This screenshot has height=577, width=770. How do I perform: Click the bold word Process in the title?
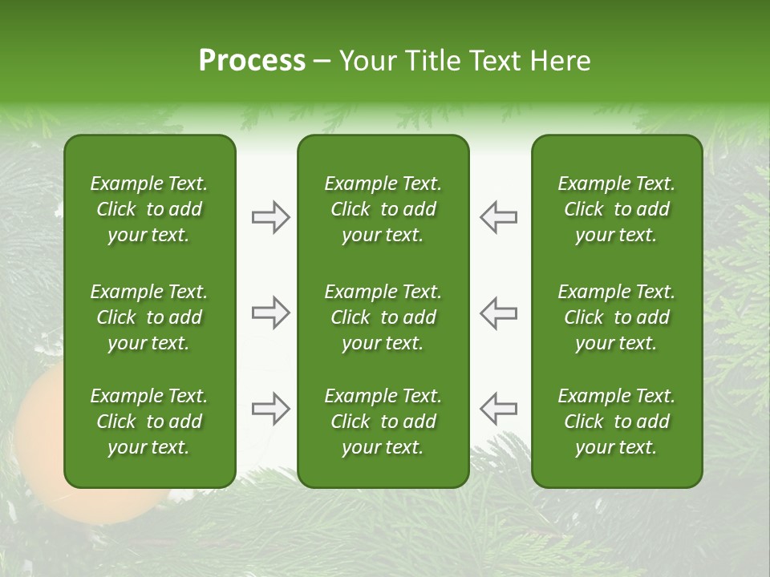click(x=252, y=61)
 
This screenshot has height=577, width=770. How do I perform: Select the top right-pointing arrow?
click(x=270, y=217)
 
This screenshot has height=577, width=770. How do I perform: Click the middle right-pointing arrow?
click(x=270, y=313)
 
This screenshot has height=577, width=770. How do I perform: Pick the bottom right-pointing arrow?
click(x=270, y=409)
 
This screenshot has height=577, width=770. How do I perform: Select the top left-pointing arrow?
click(x=499, y=217)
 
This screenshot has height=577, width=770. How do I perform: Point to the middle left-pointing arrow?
click(x=499, y=313)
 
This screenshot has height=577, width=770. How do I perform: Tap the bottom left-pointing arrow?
click(x=499, y=409)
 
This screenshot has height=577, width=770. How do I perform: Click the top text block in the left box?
click(x=149, y=209)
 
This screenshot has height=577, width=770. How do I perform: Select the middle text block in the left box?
click(x=149, y=317)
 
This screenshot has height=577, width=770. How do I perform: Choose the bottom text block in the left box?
click(x=149, y=422)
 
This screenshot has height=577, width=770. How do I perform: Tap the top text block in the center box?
click(x=383, y=209)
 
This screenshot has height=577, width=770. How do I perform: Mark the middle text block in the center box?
click(x=383, y=317)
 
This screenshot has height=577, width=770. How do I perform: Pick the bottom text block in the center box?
click(x=383, y=422)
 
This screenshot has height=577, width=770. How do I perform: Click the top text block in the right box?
click(x=617, y=209)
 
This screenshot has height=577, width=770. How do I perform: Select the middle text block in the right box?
click(x=617, y=317)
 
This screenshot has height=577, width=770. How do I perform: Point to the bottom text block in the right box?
click(x=617, y=422)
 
